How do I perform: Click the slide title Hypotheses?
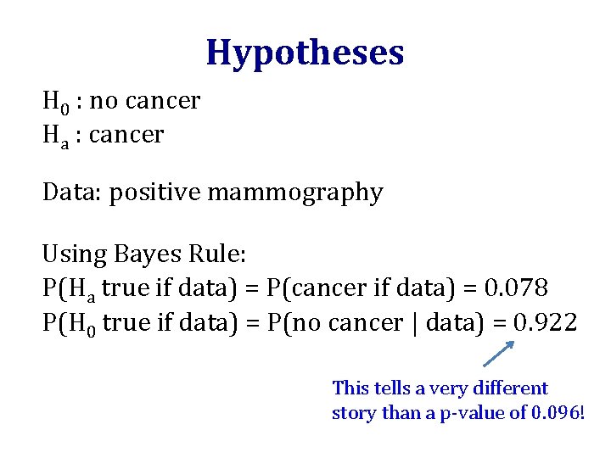click(305, 53)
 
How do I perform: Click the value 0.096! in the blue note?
click(557, 414)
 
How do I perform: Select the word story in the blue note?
click(350, 414)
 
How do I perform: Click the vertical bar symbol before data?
click(415, 323)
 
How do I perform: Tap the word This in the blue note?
click(350, 388)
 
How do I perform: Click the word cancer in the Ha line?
click(126, 135)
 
